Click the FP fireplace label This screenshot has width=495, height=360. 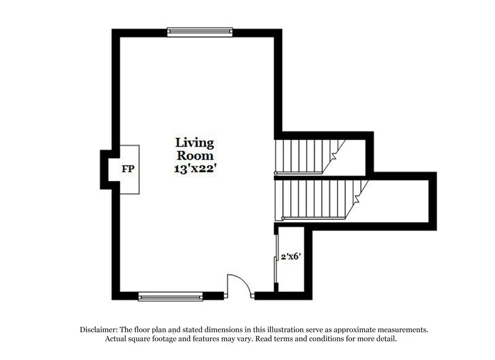pos(128,168)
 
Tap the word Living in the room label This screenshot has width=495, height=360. pos(194,144)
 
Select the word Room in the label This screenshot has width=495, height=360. pos(194,155)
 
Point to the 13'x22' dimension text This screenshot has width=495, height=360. pos(194,168)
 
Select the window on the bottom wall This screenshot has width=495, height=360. pos(171,296)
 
